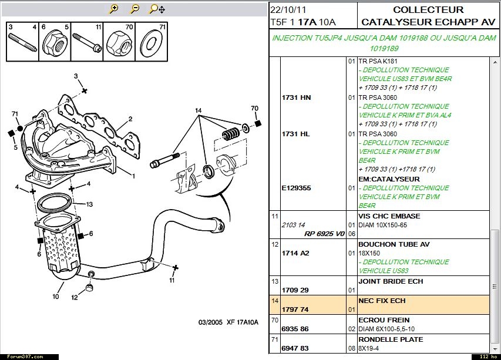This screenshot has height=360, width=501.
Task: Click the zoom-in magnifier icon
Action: click(114, 9)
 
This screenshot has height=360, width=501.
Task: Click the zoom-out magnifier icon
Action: click(135, 9)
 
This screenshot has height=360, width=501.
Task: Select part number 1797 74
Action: click(296, 309)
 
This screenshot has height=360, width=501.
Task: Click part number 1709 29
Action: click(296, 290)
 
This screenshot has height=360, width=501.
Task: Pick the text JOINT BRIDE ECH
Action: click(391, 281)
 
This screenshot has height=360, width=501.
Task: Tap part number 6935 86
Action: click(296, 329)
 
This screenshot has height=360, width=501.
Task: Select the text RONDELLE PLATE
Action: click(390, 339)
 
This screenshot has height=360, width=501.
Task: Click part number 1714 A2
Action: click(297, 253)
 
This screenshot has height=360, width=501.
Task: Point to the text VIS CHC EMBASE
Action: click(389, 216)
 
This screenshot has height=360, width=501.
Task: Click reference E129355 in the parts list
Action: click(297, 188)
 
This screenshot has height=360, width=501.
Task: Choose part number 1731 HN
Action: click(297, 97)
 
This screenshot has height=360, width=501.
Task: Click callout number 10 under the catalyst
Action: click(55, 297)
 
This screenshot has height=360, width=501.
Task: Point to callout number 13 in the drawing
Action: click(89, 205)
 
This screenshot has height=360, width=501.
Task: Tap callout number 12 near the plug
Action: click(75, 298)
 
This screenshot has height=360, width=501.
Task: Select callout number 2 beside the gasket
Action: click(130, 119)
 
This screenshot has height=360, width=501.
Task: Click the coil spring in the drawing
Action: click(230, 134)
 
